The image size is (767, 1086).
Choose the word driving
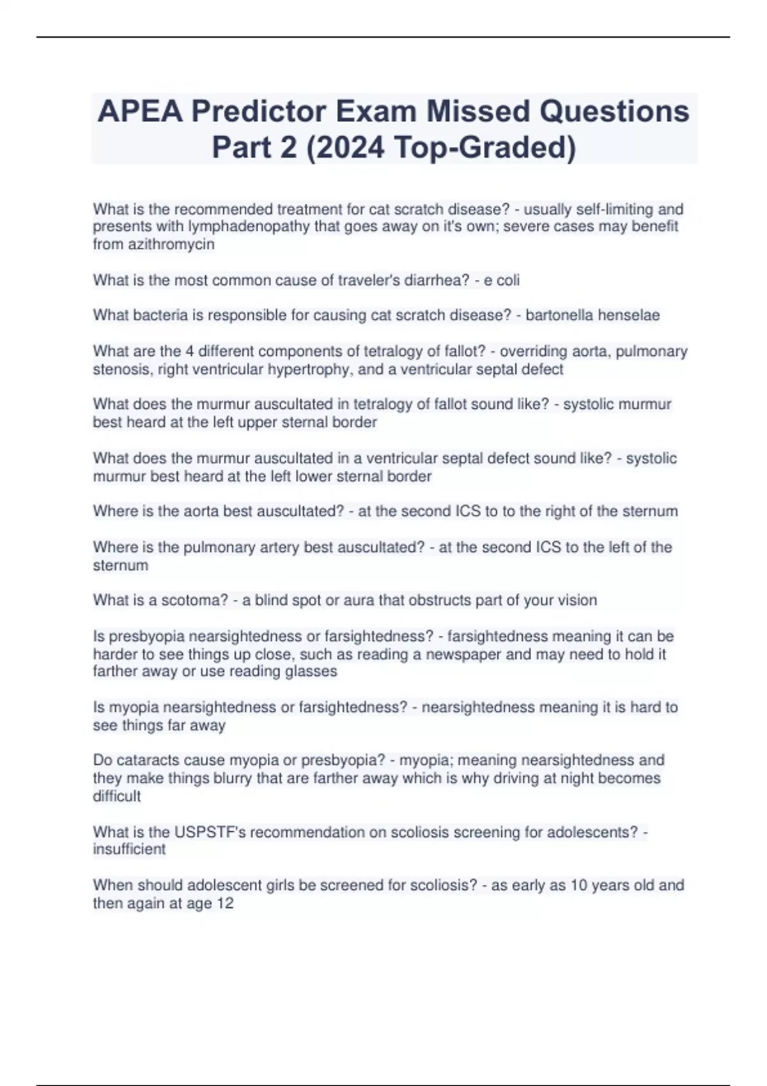pyautogui.click(x=516, y=778)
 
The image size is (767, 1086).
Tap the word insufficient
pyautogui.click(x=129, y=850)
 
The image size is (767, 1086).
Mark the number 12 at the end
pyautogui.click(x=225, y=903)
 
